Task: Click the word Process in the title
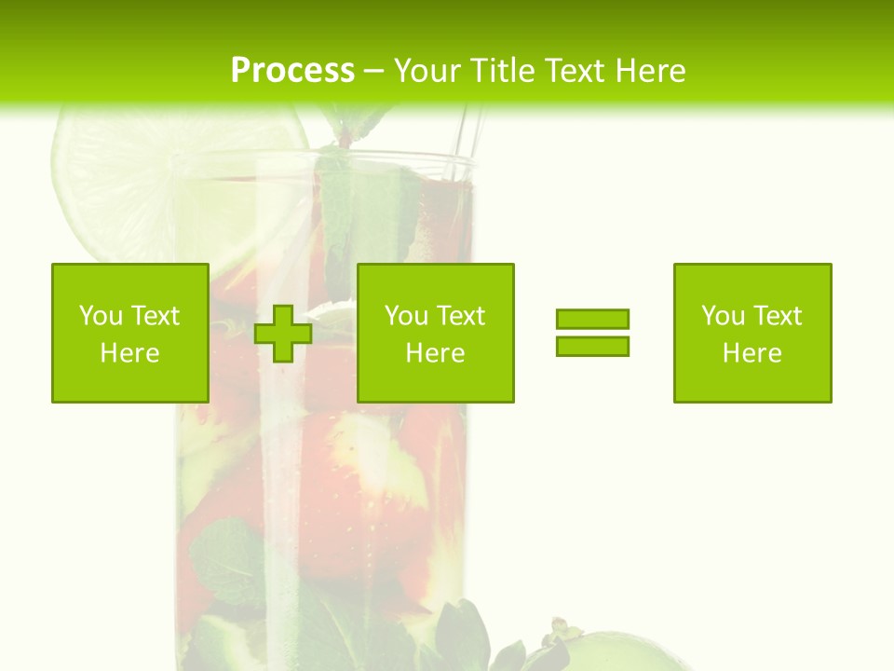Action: pos(292,71)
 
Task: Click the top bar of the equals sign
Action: pos(592,319)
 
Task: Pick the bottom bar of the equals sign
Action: pos(592,346)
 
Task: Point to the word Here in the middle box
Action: pos(436,353)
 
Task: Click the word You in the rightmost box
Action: pos(723,316)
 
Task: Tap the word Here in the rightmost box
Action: pos(752,353)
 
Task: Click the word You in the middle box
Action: pos(406,316)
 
